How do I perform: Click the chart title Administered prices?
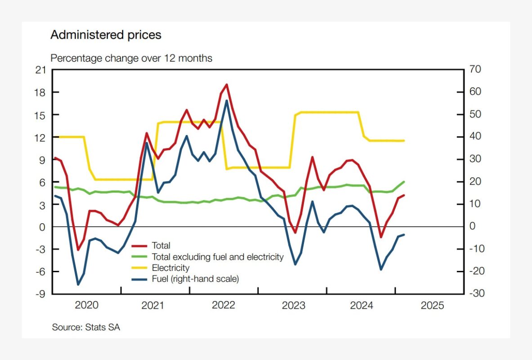(x=106, y=35)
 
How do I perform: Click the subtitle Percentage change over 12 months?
(x=131, y=58)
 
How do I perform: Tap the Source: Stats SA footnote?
(x=86, y=327)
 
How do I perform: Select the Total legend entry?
(x=161, y=246)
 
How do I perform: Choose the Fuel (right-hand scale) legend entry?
(x=195, y=279)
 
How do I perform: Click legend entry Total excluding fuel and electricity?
(x=218, y=257)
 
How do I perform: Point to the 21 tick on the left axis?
(x=41, y=70)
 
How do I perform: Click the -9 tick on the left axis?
(x=41, y=294)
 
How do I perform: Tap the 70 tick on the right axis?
(x=475, y=70)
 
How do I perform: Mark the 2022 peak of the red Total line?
(x=226, y=84)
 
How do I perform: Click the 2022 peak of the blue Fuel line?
(x=227, y=100)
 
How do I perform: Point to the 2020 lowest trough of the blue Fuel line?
(x=78, y=284)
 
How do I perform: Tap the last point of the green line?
(x=404, y=182)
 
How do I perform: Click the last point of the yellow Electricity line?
(x=404, y=141)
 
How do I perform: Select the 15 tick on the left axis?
(x=41, y=115)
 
